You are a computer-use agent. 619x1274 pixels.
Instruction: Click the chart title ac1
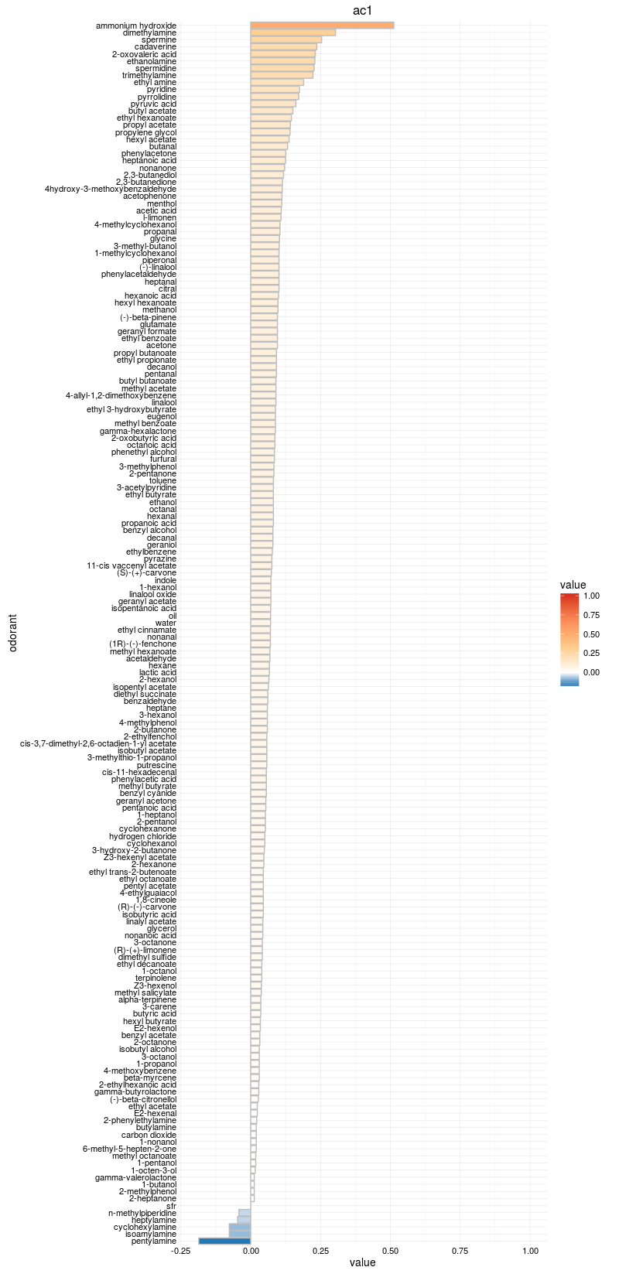[363, 10]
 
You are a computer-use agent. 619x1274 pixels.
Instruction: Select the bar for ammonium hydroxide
[322, 26]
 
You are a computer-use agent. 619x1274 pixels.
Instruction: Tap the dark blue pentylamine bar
[224, 1241]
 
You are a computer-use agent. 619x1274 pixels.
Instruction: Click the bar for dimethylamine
[292, 32]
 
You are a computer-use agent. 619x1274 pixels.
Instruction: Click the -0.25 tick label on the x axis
[180, 1251]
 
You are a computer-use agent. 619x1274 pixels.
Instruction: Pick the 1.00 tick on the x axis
[530, 1251]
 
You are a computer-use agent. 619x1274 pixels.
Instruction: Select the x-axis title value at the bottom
[362, 1263]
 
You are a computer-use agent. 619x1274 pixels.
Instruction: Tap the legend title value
[573, 585]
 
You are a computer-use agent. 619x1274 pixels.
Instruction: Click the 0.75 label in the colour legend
[592, 615]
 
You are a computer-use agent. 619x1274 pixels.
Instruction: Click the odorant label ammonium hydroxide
[136, 26]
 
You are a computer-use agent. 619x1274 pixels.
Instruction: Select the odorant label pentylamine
[154, 1241]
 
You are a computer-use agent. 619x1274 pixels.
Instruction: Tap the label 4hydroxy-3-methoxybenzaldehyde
[111, 189]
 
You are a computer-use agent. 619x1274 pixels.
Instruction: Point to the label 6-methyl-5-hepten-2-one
[130, 1149]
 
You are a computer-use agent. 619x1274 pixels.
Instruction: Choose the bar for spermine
[286, 39]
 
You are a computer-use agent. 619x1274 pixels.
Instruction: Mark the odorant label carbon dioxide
[149, 1135]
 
